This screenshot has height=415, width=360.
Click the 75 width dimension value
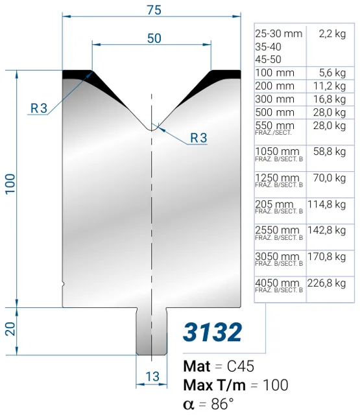click(x=154, y=10)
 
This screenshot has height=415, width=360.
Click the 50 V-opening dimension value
click(x=154, y=38)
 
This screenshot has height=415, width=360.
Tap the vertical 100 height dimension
click(x=10, y=184)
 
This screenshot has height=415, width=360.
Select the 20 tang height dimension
click(x=10, y=329)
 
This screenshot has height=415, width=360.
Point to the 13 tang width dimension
click(x=152, y=376)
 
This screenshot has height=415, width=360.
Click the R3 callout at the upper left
click(x=39, y=108)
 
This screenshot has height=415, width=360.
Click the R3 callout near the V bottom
click(x=198, y=138)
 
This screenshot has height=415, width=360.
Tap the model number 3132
click(x=212, y=332)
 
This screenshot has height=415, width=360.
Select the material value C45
click(x=241, y=366)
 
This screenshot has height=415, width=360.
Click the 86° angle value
click(x=222, y=404)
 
